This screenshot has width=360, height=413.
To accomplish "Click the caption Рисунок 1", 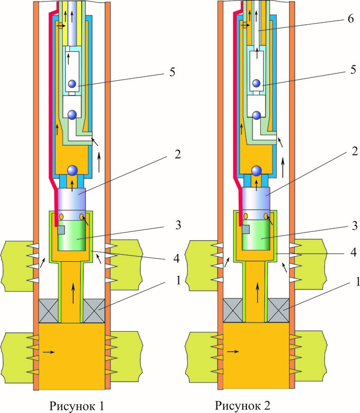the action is point(77,405).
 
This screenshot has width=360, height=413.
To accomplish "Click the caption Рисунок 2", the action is point(243,405).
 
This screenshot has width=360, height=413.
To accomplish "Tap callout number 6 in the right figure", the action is point(351,19).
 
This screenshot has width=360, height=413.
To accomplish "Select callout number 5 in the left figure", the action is point(172,72).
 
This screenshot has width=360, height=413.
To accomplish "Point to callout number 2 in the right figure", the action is point(354,151).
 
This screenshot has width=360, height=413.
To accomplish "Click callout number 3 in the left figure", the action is point(178,225).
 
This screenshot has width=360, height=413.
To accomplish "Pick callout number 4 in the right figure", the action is point(353,252).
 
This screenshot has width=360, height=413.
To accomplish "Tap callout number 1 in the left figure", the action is point(178,280).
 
